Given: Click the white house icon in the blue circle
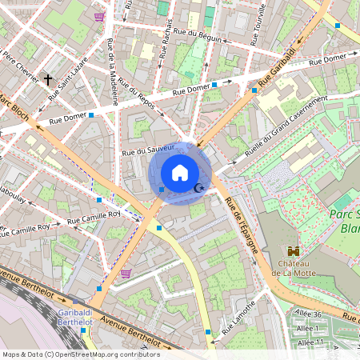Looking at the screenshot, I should click(x=180, y=173).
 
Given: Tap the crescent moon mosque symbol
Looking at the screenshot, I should click(x=200, y=188).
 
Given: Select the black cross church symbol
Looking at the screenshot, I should click(x=49, y=79).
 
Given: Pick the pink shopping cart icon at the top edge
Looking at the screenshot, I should click(x=99, y=16).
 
